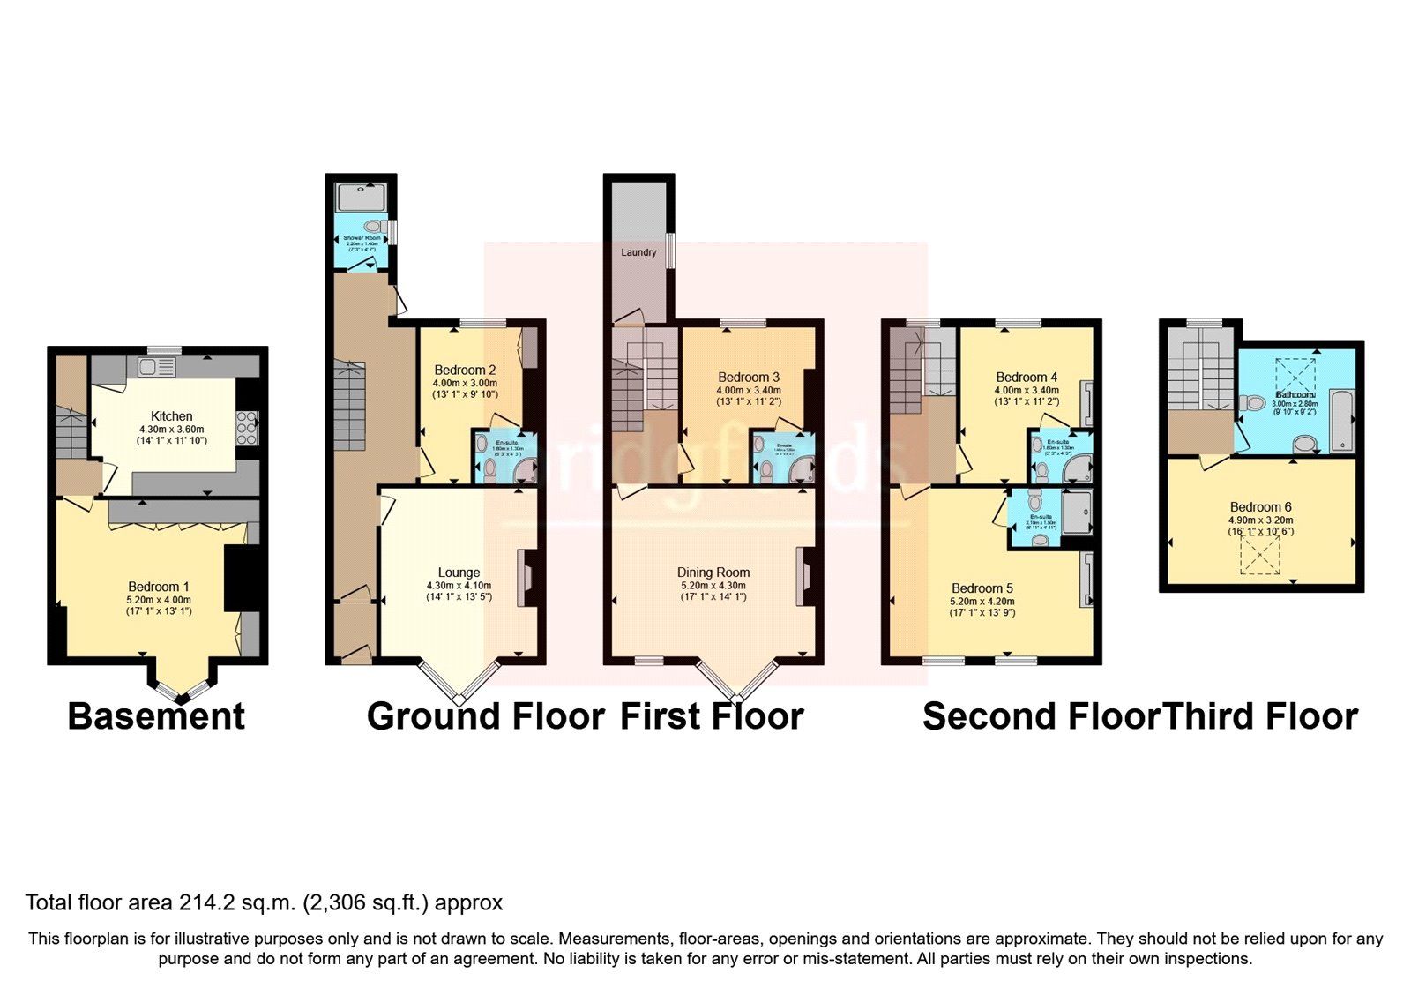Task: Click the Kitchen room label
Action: tap(171, 416)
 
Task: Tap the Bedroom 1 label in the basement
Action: tap(159, 587)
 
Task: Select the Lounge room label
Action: tap(459, 573)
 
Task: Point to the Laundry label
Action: tap(638, 252)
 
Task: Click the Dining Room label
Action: tap(713, 573)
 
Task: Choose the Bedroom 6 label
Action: tap(1260, 507)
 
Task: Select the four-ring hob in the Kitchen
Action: tap(248, 428)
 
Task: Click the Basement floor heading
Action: tap(156, 715)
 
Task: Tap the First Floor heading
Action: tap(712, 715)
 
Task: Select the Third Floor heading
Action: tap(1260, 715)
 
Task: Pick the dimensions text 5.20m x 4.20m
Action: tap(982, 601)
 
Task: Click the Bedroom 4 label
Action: tap(1026, 377)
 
